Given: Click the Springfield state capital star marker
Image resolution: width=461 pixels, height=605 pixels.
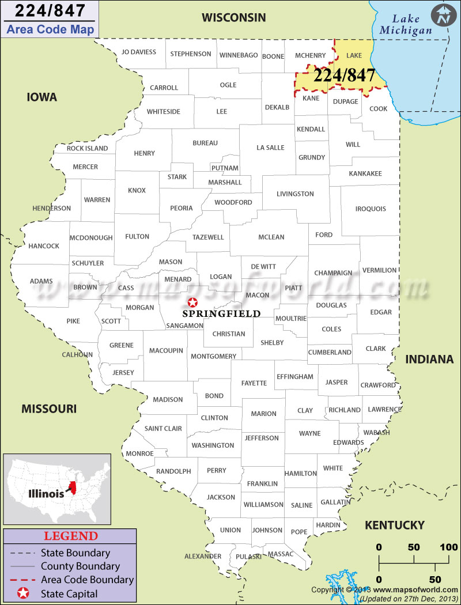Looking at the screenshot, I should pyautogui.click(x=192, y=302).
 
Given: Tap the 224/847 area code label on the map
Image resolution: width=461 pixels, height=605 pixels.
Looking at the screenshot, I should pyautogui.click(x=345, y=75).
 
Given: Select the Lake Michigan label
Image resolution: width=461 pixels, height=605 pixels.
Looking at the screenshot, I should pyautogui.click(x=406, y=25).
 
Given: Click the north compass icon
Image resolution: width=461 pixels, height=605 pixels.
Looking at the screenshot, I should pyautogui.click(x=443, y=15).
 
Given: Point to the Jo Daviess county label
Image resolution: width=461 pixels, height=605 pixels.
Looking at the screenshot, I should pyautogui.click(x=138, y=52).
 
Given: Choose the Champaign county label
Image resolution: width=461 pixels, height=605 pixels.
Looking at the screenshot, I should pyautogui.click(x=333, y=273).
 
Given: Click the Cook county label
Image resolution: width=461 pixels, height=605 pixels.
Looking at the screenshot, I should pyautogui.click(x=379, y=108).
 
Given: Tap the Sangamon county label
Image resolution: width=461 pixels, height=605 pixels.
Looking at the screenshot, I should pyautogui.click(x=184, y=326).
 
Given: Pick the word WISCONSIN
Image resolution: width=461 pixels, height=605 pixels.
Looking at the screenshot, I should pyautogui.click(x=233, y=18).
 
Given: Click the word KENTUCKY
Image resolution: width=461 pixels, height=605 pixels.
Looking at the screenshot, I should pyautogui.click(x=395, y=525).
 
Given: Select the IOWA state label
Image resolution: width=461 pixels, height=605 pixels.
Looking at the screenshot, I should pyautogui.click(x=42, y=97).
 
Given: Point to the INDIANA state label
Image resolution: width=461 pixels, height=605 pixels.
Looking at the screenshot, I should pyautogui.click(x=429, y=360).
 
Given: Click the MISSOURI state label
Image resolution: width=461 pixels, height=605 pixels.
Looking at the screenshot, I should pyautogui.click(x=49, y=409).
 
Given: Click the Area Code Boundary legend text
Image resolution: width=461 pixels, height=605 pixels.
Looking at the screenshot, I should pyautogui.click(x=87, y=580).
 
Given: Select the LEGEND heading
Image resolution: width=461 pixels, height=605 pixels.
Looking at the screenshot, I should pyautogui.click(x=71, y=536).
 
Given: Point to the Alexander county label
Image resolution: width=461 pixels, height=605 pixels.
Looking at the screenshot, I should pyautogui.click(x=203, y=556).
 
